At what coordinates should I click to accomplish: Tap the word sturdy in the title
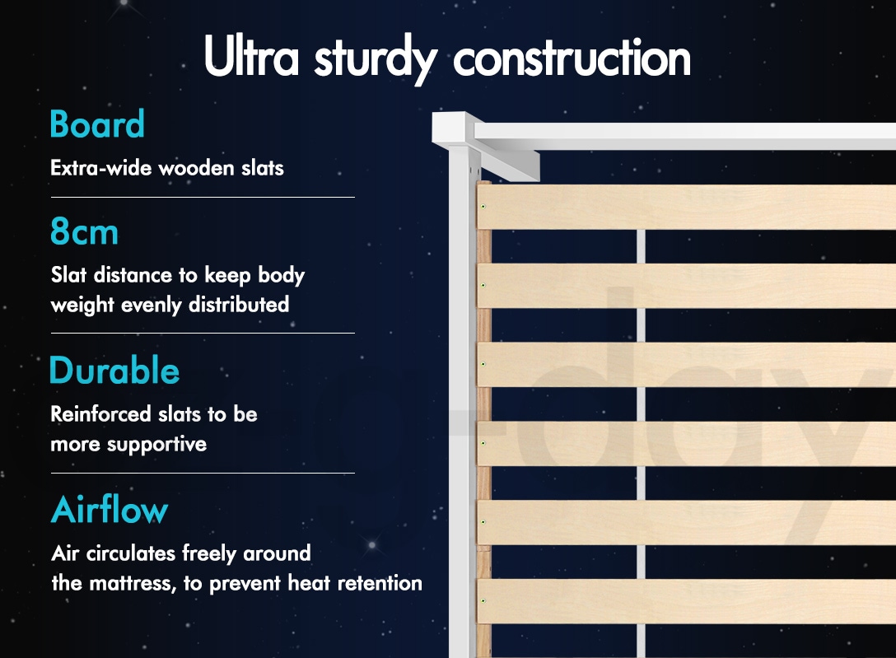point(376,58)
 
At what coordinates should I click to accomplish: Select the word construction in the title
point(572,57)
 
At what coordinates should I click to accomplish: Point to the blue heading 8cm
point(85,231)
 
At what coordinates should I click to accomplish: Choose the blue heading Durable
point(114,370)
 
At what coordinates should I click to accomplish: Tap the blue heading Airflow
point(110,509)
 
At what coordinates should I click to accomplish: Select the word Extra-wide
point(102,168)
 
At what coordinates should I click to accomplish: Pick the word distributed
point(239,305)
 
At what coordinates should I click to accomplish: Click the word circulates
point(130,553)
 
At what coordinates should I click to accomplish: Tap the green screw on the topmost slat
point(483,206)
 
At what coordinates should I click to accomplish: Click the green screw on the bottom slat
point(483,601)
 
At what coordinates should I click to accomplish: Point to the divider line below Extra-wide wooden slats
point(203,197)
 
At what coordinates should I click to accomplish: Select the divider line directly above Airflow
point(203,473)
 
